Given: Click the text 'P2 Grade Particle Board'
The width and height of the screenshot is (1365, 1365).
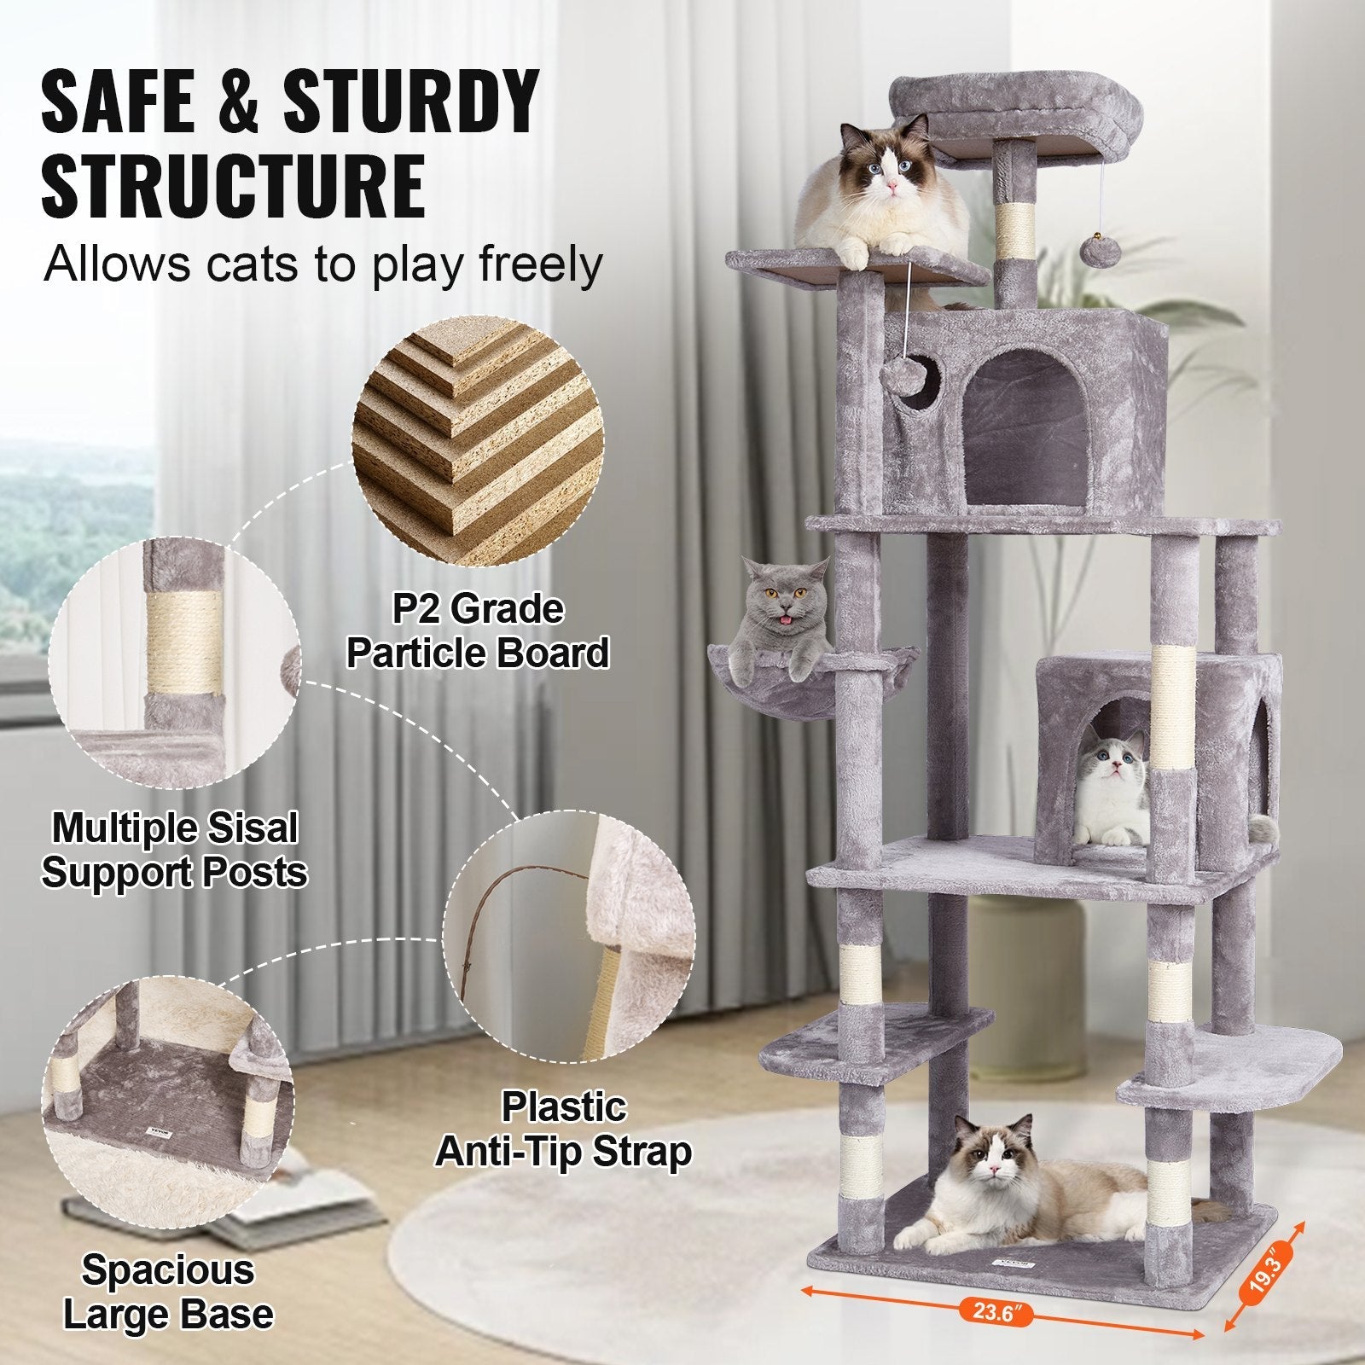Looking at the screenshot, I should (478, 631).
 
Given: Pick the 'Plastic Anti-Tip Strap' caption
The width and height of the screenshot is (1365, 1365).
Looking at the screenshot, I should (564, 1130).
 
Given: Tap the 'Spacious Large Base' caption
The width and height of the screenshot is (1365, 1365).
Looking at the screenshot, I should (168, 1292).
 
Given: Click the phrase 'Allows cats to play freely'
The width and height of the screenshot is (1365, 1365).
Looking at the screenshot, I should (323, 264).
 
